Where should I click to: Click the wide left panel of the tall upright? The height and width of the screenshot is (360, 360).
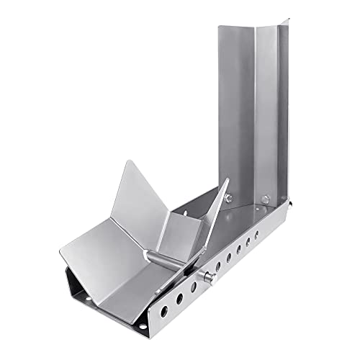coord(238,108)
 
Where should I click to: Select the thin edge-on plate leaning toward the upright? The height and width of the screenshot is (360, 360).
coord(216,216)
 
